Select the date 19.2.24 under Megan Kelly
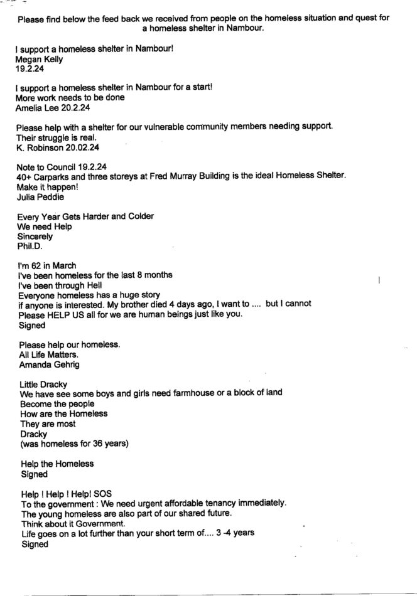pos(29,70)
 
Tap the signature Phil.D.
pos(30,247)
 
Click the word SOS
pos(121,493)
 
